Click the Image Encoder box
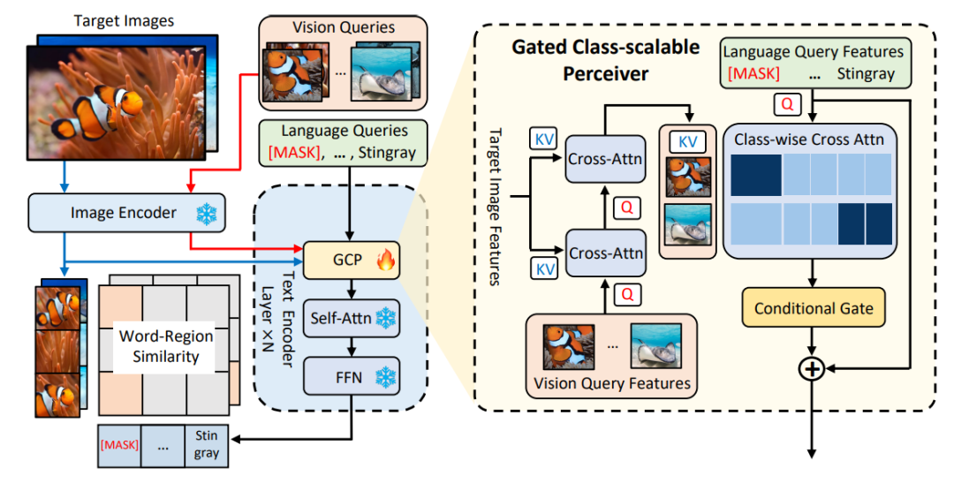(125, 213)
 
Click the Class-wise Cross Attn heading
(809, 139)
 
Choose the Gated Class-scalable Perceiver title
(606, 59)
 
